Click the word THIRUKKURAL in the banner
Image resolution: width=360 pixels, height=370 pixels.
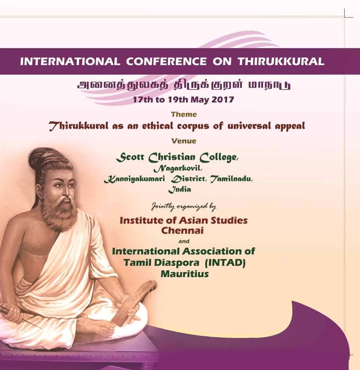[x=281, y=61]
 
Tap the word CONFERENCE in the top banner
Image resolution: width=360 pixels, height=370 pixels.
[x=167, y=61]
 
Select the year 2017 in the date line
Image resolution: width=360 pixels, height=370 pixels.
[x=223, y=100]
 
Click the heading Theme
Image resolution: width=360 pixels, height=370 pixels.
[x=184, y=114]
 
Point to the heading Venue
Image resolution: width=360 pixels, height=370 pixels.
[x=184, y=141]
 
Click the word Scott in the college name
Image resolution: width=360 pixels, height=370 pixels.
[x=130, y=157]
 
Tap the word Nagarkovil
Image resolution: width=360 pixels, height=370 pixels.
[x=178, y=168]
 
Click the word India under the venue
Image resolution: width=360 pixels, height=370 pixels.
[x=179, y=190]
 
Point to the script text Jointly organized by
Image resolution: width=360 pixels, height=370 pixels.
[x=184, y=207]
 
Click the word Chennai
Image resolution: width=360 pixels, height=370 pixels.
[x=182, y=231]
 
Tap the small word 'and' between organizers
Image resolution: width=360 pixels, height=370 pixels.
[x=184, y=241]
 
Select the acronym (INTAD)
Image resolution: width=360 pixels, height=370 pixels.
[x=225, y=262]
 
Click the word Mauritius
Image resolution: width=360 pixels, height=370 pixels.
[x=185, y=274]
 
